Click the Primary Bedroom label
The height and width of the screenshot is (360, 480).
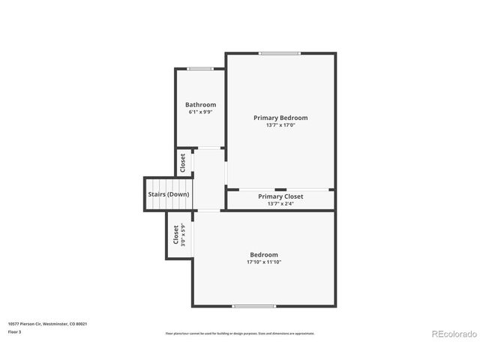click(x=280, y=118)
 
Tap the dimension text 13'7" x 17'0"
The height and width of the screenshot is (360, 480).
click(x=280, y=125)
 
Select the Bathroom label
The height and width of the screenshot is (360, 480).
click(x=200, y=105)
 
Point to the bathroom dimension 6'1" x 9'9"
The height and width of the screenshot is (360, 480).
click(x=200, y=112)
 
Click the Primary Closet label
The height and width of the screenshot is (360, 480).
click(x=280, y=196)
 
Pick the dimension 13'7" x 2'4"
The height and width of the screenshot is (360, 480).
click(x=280, y=203)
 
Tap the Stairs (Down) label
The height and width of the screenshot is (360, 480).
click(x=169, y=194)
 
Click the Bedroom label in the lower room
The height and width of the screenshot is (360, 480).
click(x=264, y=255)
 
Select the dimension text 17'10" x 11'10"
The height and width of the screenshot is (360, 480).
click(x=264, y=262)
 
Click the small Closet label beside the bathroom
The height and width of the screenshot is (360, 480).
click(x=182, y=163)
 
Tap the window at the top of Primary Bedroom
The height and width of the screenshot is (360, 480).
click(x=280, y=53)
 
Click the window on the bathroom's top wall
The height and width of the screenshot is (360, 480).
click(x=200, y=69)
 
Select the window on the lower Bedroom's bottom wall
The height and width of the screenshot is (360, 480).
click(x=253, y=306)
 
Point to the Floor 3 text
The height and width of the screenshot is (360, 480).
click(x=14, y=331)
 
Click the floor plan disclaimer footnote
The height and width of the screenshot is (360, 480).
click(x=240, y=333)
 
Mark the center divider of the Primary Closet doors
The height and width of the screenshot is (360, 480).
click(x=280, y=189)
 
